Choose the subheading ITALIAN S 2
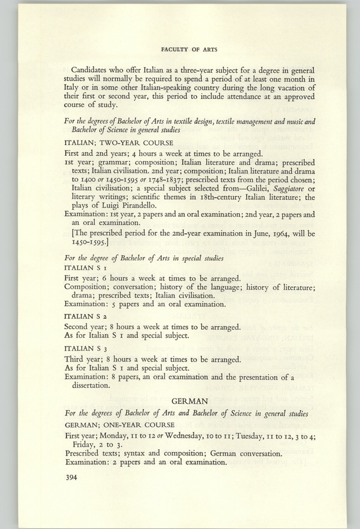(x=88, y=316)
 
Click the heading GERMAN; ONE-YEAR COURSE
(x=118, y=425)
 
